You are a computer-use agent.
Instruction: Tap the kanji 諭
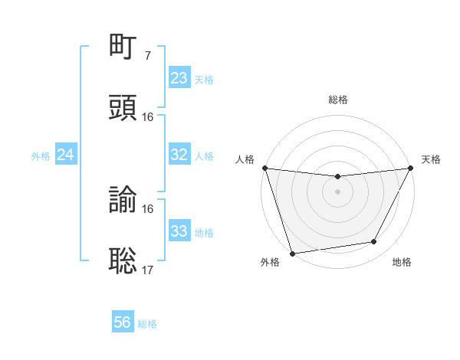pos(123,199)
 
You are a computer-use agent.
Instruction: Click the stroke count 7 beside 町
pos(148,56)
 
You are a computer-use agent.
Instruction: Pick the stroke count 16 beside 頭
pos(148,117)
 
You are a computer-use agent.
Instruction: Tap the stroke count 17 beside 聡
pos(148,270)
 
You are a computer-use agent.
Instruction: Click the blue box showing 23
pos(179,78)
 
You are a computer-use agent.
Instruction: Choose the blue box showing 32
pos(179,155)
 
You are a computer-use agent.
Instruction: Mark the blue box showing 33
pos(179,231)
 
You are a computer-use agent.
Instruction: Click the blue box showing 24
pos(66,155)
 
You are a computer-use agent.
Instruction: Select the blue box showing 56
pos(123,322)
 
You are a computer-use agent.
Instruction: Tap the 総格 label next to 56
pos(147,324)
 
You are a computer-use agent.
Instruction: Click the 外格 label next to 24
pos(41,156)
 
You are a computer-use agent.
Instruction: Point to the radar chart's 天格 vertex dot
pos(412,168)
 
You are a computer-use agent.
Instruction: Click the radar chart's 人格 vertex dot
pos(264,168)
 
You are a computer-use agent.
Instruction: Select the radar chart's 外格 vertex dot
pos(292,253)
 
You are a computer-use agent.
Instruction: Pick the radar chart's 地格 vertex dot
pos(374,242)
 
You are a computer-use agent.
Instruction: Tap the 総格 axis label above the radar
pos(338,100)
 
